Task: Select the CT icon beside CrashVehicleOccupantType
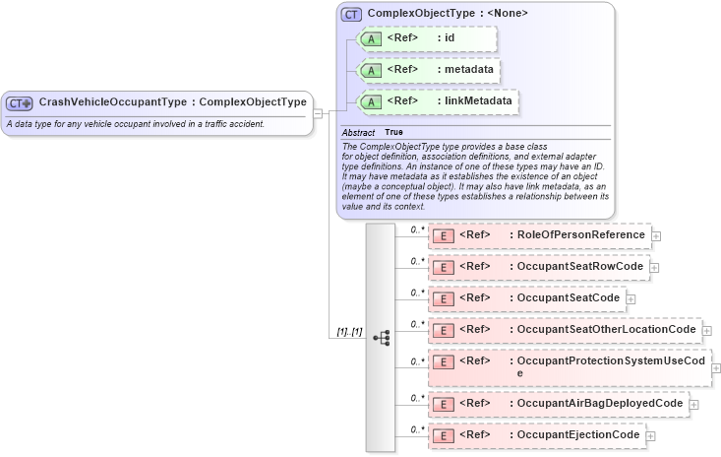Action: coord(20,102)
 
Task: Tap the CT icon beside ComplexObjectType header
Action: coord(351,14)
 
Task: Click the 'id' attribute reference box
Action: coord(427,38)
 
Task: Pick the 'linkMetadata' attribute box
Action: coord(439,100)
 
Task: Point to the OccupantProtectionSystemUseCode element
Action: coord(569,366)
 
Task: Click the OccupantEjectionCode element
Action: coord(536,434)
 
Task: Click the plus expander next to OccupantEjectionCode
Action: coord(650,435)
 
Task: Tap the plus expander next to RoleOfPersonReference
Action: coord(656,236)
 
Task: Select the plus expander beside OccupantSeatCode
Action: coord(631,299)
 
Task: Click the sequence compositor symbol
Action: coord(382,337)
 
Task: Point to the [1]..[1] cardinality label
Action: coord(349,332)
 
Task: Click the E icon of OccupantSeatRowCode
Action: coord(444,267)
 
